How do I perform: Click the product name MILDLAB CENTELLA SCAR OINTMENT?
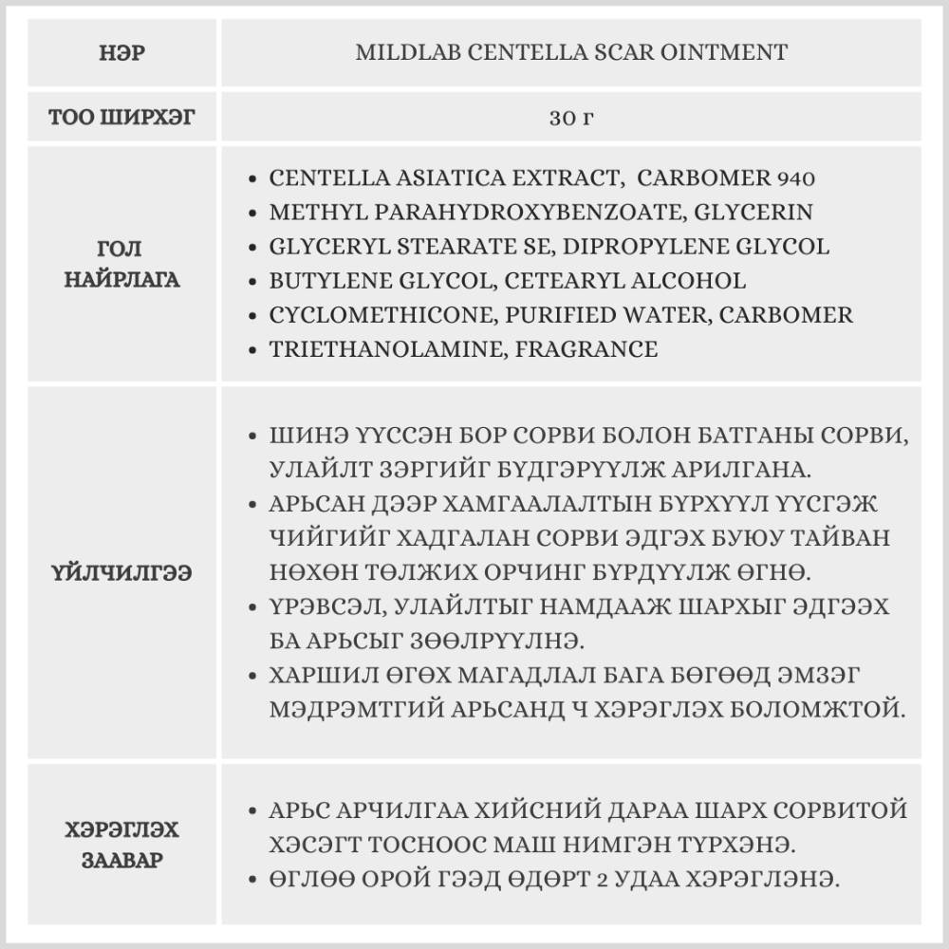click(x=571, y=53)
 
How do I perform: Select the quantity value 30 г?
click(x=571, y=119)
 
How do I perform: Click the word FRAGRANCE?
click(x=586, y=349)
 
